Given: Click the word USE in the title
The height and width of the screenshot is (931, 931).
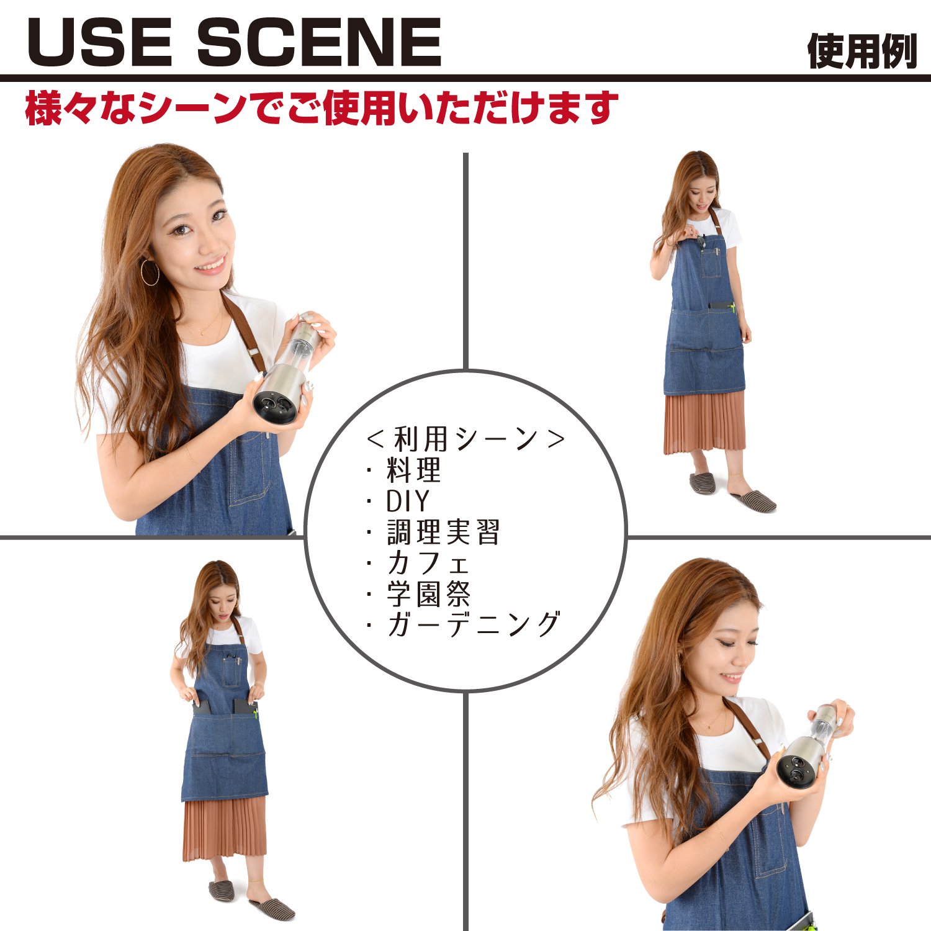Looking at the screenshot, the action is (x=99, y=42).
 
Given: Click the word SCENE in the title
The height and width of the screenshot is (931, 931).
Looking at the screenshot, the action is (x=319, y=42).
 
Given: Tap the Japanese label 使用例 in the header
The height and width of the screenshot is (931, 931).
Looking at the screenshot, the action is (x=862, y=51).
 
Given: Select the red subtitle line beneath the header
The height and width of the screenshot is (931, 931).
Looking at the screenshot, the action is (x=322, y=108).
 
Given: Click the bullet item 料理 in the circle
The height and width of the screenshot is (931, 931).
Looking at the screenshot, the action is (x=413, y=470).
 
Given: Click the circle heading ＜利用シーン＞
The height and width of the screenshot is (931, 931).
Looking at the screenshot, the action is (x=465, y=439).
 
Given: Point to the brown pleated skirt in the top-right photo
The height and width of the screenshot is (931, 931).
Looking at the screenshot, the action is (x=704, y=422).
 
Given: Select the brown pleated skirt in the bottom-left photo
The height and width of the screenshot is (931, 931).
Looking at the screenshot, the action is (x=225, y=829).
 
